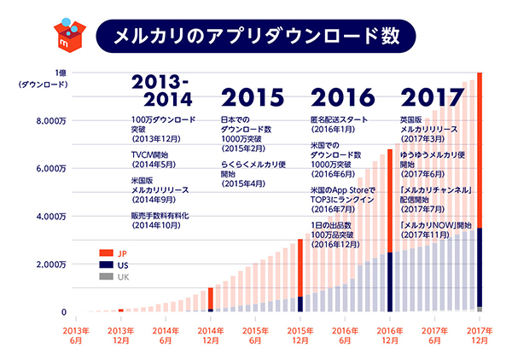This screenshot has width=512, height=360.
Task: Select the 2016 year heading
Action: [x=341, y=95]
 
